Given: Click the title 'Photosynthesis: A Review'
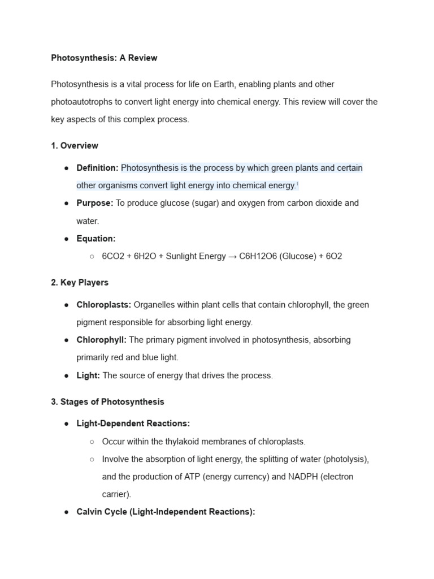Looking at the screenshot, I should tap(104, 58).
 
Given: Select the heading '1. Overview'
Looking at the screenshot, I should tap(75, 145).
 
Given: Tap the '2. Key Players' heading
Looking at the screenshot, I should tap(80, 282).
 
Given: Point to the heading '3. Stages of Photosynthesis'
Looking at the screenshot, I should tap(107, 401).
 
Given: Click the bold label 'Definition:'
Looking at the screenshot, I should tap(97, 168).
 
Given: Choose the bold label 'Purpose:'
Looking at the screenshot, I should tap(95, 203).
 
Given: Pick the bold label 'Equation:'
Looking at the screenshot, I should tap(96, 239).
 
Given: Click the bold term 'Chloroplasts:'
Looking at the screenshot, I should tap(104, 305).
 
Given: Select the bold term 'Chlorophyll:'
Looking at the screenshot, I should tap(102, 340).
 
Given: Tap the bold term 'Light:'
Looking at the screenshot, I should tap(88, 375).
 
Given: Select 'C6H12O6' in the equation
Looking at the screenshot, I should tap(259, 256).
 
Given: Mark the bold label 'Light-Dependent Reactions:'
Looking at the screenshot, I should tap(133, 424).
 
